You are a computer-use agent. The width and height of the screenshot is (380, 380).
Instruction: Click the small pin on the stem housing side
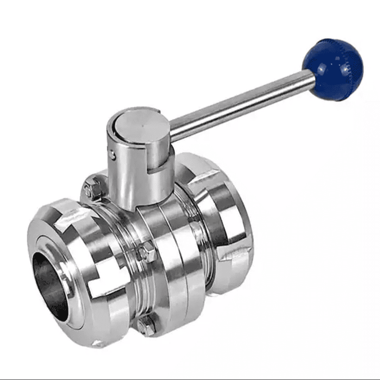click(x=112, y=154)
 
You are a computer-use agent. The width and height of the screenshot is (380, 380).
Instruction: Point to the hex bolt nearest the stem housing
click(x=94, y=188)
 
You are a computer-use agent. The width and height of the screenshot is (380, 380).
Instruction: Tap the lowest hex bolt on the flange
click(x=147, y=324)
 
